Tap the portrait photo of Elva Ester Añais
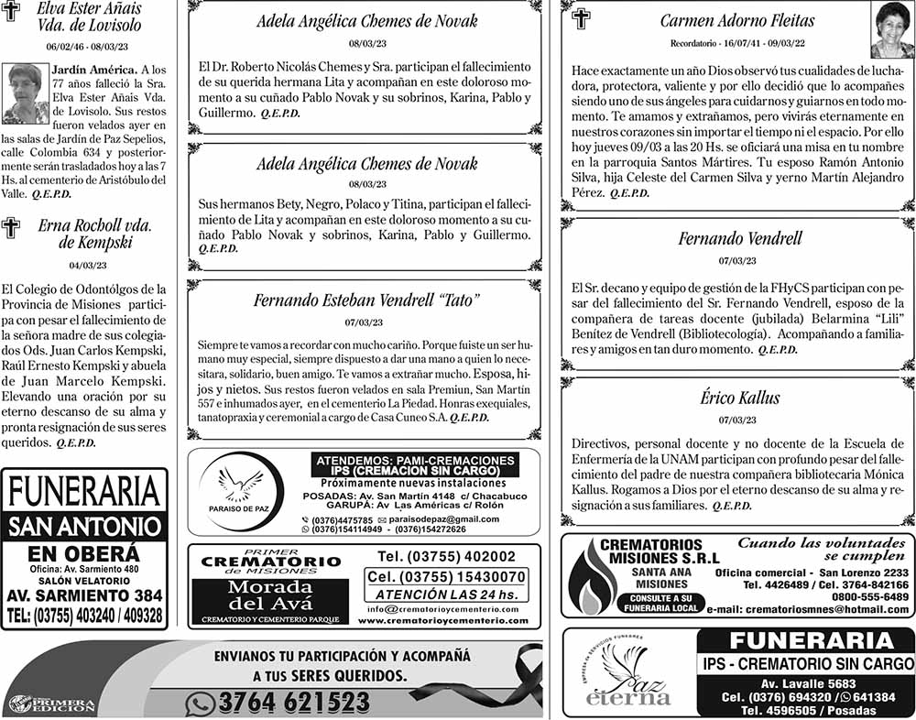[x=24, y=93]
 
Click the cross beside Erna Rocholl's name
[x=11, y=228]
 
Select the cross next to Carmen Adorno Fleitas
[x=581, y=18]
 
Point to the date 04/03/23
[x=88, y=266]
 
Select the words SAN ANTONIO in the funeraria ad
[x=84, y=528]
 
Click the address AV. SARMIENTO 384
[x=84, y=596]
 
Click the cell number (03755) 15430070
[x=446, y=577]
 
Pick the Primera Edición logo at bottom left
[x=51, y=704]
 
